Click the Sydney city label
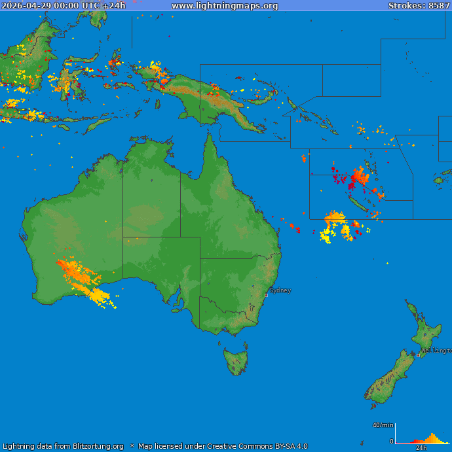tap(280, 290)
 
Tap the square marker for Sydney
tap(266, 295)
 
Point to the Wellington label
tap(436, 351)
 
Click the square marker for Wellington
tap(419, 355)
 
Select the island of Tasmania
tap(236, 361)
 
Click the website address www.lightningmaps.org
tap(225, 6)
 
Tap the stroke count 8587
tap(439, 6)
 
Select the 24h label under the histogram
tap(421, 448)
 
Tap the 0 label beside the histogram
tap(392, 442)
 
